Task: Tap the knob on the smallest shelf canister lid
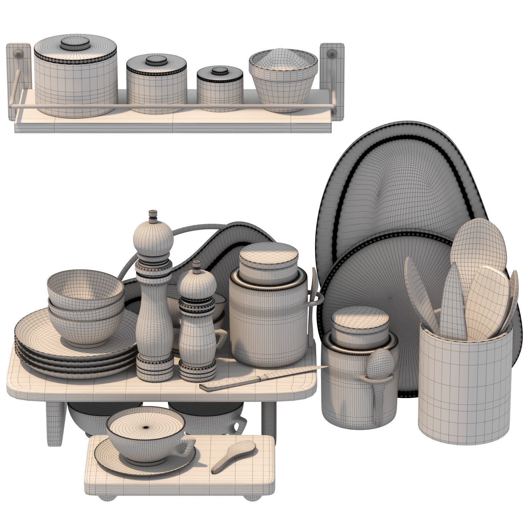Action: [220, 70]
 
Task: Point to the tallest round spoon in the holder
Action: [478, 244]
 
